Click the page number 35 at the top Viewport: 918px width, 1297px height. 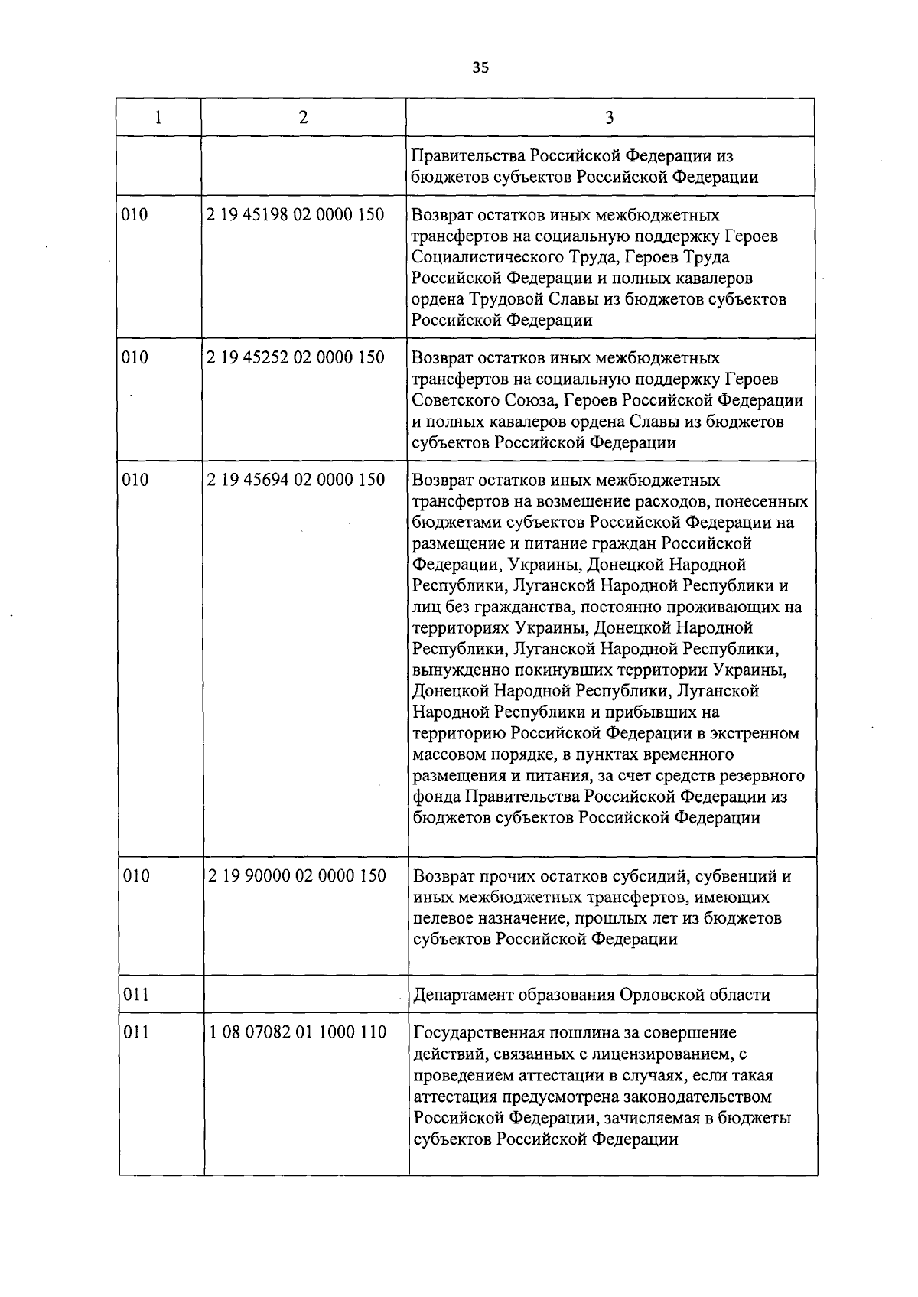480,67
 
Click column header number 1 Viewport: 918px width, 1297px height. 158,117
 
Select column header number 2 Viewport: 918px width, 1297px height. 304,117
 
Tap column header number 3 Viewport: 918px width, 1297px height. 610,118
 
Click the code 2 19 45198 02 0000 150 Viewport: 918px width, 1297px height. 295,215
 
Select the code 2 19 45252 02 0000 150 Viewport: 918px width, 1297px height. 295,358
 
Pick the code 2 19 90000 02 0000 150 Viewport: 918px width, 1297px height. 297,876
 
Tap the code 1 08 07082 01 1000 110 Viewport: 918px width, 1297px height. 298,1033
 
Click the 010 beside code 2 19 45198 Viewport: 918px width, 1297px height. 135,215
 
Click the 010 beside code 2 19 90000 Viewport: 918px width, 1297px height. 136,876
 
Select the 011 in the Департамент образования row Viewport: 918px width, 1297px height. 136,996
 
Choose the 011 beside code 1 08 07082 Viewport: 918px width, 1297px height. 136,1033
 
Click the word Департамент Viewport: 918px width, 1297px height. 464,996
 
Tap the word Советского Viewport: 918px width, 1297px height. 455,401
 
